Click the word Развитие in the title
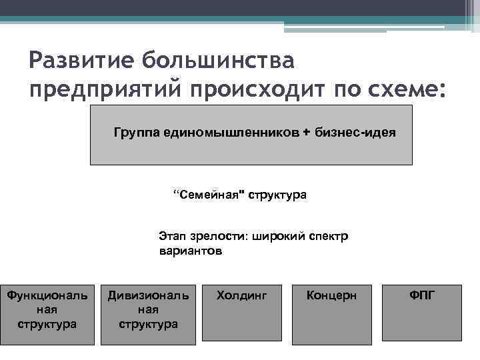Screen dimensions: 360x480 [x=79, y=61]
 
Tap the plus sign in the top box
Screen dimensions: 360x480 [x=306, y=132]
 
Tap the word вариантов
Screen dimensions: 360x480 [x=191, y=251]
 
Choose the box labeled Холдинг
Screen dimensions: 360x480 [x=241, y=314]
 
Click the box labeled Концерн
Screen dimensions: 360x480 [x=331, y=314]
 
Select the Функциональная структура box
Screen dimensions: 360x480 [x=47, y=314]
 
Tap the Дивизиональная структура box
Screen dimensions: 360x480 [x=148, y=314]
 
